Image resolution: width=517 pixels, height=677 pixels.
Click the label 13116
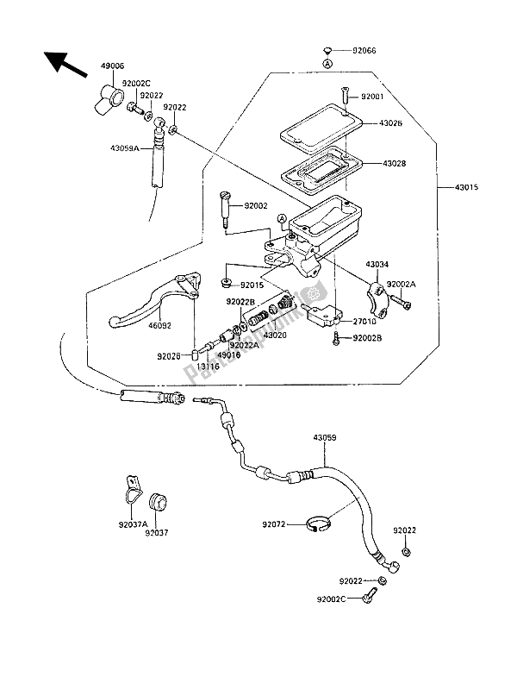(209, 366)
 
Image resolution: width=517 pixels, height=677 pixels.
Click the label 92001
(376, 97)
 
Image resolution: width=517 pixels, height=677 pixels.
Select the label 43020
(275, 335)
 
